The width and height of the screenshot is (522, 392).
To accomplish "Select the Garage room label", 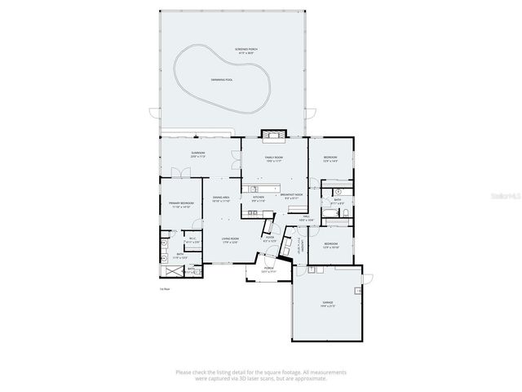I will [x=327, y=303].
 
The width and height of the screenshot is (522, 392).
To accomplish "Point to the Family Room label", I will [x=273, y=158].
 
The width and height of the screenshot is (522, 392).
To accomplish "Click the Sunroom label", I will [x=198, y=154].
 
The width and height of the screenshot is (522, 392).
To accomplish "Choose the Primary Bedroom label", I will [x=179, y=204].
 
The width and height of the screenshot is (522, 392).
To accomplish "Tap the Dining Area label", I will [x=221, y=198].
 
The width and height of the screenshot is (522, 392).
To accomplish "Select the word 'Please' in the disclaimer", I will [x=184, y=372].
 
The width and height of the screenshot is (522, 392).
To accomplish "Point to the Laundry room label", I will [x=300, y=246].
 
